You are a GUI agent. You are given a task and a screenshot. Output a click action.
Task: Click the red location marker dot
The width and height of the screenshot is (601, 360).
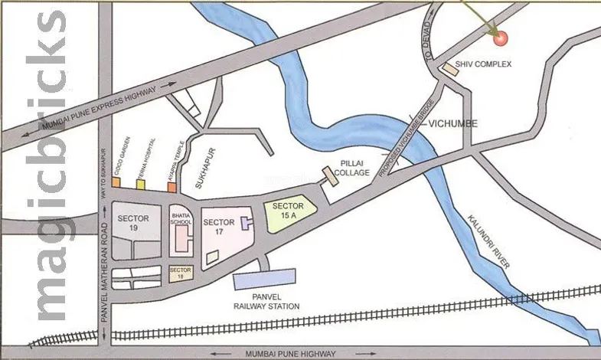(x=501, y=37)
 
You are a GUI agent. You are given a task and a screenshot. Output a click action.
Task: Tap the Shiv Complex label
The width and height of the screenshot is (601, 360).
(x=482, y=64)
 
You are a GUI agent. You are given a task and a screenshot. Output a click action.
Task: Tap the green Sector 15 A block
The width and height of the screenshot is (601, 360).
(x=290, y=212)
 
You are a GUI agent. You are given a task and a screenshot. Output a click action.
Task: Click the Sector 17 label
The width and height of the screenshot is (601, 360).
(x=219, y=227)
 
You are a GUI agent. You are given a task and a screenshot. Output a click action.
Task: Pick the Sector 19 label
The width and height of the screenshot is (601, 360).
(x=133, y=223)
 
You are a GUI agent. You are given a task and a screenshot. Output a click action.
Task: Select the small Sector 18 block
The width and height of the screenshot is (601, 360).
(x=181, y=274)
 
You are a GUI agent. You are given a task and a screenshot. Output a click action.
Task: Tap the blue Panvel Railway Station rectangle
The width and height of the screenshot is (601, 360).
(x=264, y=280)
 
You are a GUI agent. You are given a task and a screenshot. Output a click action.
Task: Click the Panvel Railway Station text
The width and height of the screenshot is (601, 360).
(x=267, y=302)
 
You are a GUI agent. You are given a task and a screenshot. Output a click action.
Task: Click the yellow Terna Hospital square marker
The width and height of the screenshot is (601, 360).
(x=140, y=184)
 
